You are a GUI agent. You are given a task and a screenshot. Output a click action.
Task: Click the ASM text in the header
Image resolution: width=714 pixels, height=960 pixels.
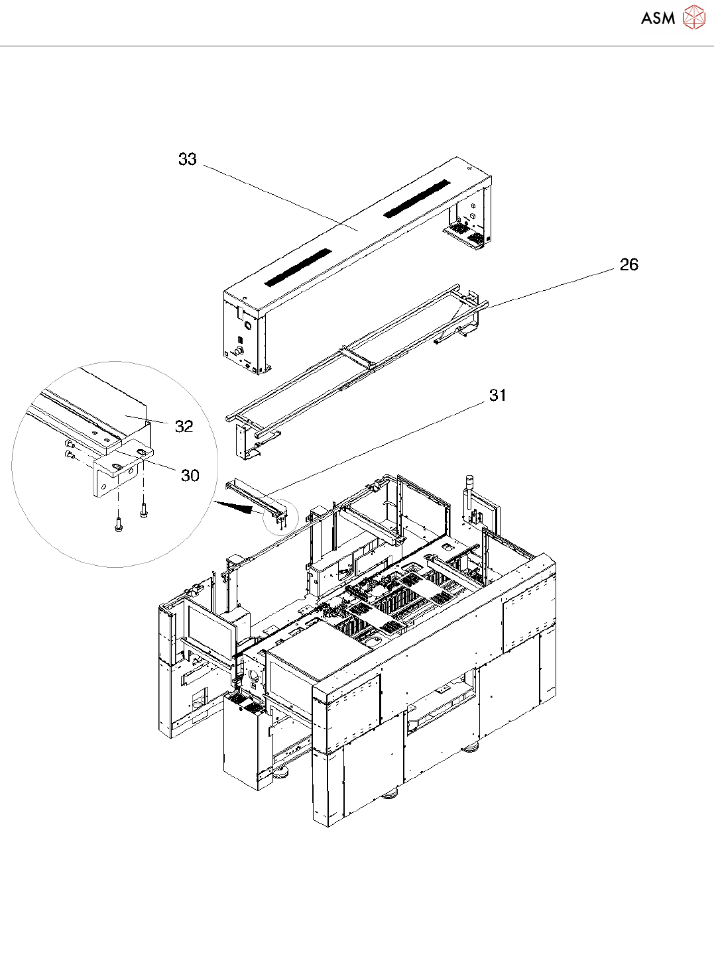pyautogui.click(x=658, y=18)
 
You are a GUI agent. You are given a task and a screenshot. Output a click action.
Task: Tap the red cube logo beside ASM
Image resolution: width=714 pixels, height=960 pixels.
pyautogui.click(x=693, y=17)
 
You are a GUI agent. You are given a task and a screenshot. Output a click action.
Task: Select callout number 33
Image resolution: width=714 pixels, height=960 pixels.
pyautogui.click(x=188, y=159)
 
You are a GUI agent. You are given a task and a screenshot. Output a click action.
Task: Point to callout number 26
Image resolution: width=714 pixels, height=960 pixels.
pyautogui.click(x=628, y=265)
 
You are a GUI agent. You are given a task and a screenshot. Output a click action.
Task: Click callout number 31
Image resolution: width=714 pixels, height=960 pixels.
pyautogui.click(x=498, y=396)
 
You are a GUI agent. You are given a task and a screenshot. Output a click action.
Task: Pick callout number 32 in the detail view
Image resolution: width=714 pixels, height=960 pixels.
pyautogui.click(x=184, y=427)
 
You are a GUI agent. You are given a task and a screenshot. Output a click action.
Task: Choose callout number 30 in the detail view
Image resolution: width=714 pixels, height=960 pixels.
pyautogui.click(x=190, y=476)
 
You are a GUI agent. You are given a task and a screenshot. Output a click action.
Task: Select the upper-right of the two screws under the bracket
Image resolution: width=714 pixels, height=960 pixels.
pyautogui.click(x=143, y=511)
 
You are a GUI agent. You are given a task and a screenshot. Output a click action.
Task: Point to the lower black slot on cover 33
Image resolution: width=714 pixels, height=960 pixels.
pyautogui.click(x=298, y=267)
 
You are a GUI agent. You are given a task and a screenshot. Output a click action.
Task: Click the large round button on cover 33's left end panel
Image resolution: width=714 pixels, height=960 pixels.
pyautogui.click(x=248, y=325)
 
